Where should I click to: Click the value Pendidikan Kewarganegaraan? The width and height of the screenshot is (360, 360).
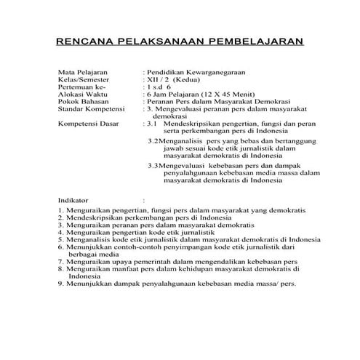click(x=197, y=73)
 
